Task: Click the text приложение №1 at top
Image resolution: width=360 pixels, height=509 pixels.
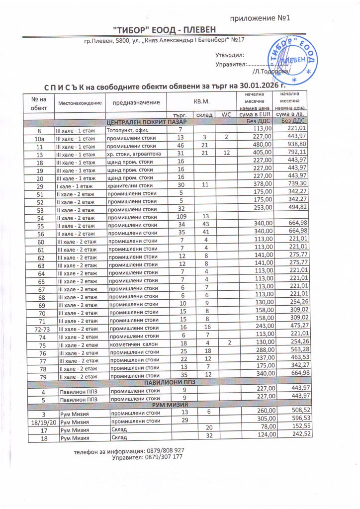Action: coord(260,19)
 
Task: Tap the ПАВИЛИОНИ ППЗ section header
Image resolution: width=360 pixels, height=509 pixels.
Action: coord(171,382)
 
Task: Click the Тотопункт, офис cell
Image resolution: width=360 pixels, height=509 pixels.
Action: coord(129,129)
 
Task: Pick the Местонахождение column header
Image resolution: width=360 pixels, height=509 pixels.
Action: coord(80,103)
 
